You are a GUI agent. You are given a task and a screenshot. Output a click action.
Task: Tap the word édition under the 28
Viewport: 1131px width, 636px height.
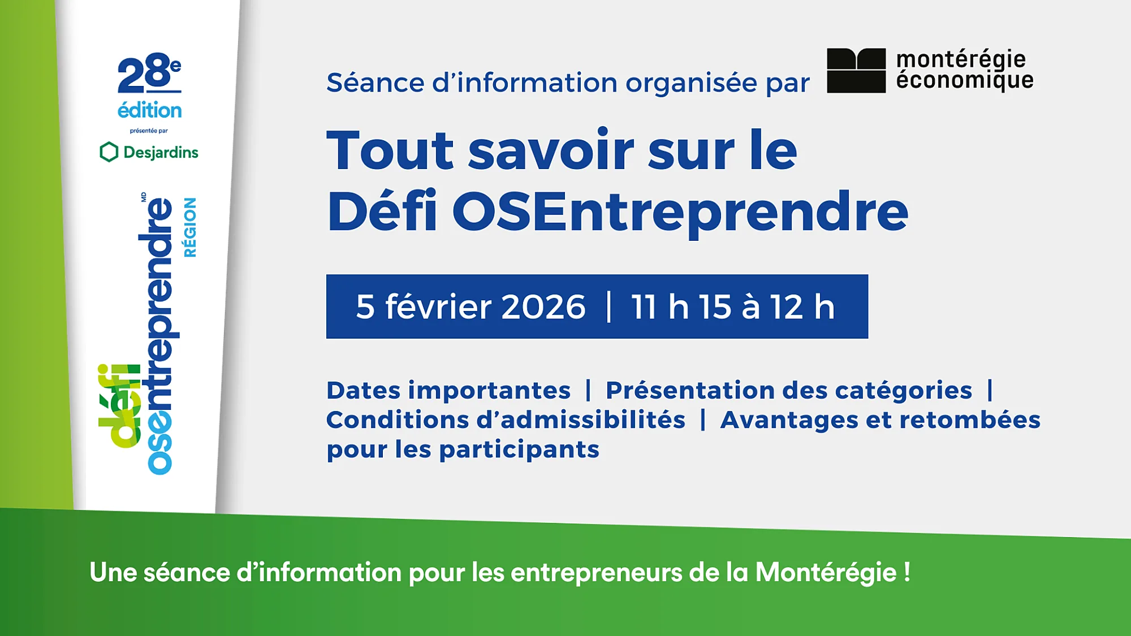(149, 110)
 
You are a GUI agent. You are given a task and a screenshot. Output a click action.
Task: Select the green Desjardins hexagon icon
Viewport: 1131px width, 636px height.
(109, 152)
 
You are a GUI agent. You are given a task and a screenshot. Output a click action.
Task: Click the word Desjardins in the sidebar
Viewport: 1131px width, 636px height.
(161, 153)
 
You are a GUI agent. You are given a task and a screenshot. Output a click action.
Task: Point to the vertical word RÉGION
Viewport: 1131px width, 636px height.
(190, 227)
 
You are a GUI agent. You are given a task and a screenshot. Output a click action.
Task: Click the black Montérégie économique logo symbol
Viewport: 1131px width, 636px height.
(856, 71)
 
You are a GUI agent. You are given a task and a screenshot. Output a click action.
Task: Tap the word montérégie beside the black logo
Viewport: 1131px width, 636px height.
(961, 59)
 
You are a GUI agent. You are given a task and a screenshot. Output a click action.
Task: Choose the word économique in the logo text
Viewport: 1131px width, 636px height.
(964, 80)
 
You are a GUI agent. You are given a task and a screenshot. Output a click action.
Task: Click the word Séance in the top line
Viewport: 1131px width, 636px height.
(375, 83)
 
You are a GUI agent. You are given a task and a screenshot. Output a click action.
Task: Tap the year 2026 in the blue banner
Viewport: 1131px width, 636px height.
(543, 307)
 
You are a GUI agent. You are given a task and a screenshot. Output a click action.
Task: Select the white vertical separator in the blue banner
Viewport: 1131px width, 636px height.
(608, 307)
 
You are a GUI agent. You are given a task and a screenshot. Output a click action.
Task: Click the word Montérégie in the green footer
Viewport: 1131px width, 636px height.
(826, 572)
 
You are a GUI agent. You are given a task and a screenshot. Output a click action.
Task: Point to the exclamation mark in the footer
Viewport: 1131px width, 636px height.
(907, 572)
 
